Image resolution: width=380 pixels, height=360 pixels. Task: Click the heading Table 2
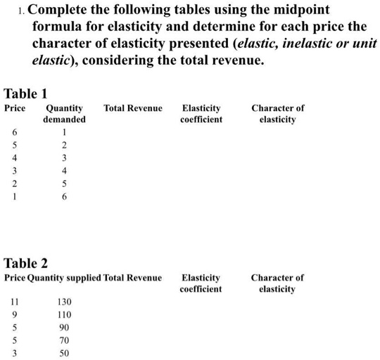click(x=26, y=264)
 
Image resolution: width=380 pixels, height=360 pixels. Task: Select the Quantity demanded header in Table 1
click(x=64, y=114)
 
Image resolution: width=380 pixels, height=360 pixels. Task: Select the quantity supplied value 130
click(x=64, y=302)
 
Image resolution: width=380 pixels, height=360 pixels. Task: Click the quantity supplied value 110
click(x=64, y=314)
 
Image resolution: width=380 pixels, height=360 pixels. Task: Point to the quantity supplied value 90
click(x=64, y=328)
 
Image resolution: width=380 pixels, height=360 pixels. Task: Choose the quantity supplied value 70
click(x=64, y=340)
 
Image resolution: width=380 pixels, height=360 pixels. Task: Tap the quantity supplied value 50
click(x=64, y=353)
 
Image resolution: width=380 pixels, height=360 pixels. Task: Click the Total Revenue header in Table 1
click(x=132, y=108)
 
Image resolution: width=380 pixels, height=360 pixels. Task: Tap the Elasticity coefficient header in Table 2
click(x=201, y=283)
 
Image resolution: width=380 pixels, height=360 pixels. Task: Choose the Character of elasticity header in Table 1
click(x=277, y=114)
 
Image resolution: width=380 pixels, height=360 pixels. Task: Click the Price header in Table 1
click(x=15, y=108)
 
